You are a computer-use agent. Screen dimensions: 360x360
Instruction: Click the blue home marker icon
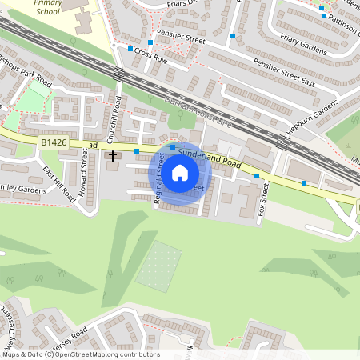[x=180, y=172]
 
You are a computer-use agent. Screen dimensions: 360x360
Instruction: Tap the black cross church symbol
[x=113, y=154]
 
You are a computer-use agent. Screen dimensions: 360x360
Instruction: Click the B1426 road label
[x=54, y=142]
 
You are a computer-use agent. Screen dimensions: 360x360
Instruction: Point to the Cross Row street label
[x=150, y=54]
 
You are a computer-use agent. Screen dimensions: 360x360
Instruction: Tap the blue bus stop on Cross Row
[x=130, y=49]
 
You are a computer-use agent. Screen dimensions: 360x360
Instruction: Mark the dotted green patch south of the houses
[x=158, y=265]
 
